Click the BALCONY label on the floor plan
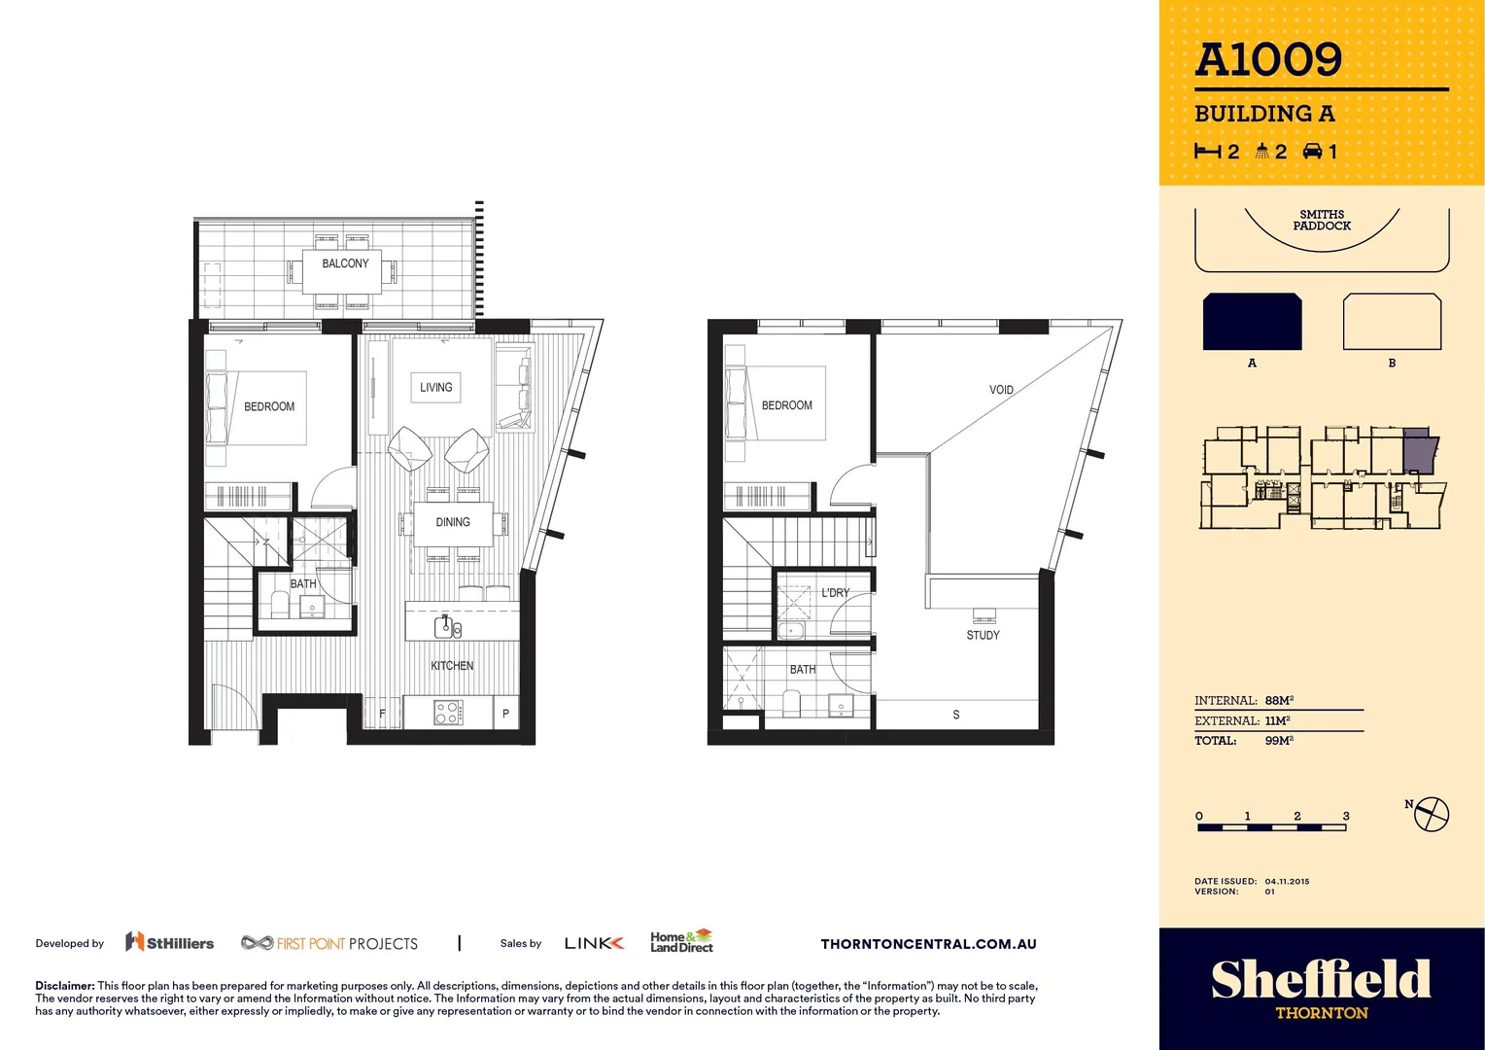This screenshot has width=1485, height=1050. pyautogui.click(x=345, y=263)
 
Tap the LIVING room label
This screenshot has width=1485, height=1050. pyautogui.click(x=435, y=387)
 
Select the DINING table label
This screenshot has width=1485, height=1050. pyautogui.click(x=453, y=522)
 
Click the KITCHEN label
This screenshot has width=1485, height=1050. pyautogui.click(x=452, y=666)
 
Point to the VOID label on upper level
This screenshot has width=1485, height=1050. pyautogui.click(x=1001, y=390)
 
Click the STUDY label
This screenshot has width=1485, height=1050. pyautogui.click(x=983, y=635)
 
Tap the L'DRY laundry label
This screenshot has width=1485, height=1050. pyautogui.click(x=835, y=592)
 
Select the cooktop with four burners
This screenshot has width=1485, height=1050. pyautogui.click(x=448, y=713)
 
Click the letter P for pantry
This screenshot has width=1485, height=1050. pyautogui.click(x=505, y=714)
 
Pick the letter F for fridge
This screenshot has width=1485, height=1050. pyautogui.click(x=382, y=714)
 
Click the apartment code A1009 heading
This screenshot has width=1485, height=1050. pyautogui.click(x=1268, y=60)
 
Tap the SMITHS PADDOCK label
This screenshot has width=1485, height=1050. pyautogui.click(x=1322, y=221)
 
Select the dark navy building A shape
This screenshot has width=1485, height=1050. pyautogui.click(x=1252, y=322)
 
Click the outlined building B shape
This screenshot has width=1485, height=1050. pyautogui.click(x=1392, y=322)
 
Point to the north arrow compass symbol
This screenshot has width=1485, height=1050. pyautogui.click(x=1431, y=814)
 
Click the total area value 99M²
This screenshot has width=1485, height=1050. pyautogui.click(x=1279, y=741)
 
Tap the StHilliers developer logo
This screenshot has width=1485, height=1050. pyautogui.click(x=170, y=942)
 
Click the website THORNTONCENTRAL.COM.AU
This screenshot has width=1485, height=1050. pyautogui.click(x=928, y=944)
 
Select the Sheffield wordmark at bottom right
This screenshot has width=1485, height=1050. pyautogui.click(x=1321, y=979)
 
